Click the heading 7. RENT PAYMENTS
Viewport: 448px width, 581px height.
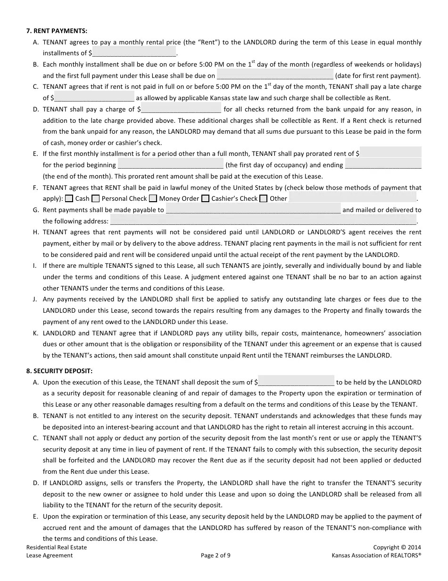pos(57,31)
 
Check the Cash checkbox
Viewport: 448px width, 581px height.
pos(69,198)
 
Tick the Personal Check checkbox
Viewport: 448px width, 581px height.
pos(96,198)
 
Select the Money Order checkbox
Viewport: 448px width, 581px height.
pos(153,198)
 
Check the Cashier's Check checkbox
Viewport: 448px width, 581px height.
pos(205,198)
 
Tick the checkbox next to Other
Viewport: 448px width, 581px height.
pos(264,198)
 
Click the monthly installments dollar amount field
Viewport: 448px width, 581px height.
pos(134,52)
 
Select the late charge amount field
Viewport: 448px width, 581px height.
pos(94,98)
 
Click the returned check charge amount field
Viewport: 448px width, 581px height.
pos(181,109)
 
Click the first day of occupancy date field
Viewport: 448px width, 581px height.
pos(170,165)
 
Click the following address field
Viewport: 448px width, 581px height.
pos(263,221)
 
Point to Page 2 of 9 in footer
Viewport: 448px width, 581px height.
pos(216,555)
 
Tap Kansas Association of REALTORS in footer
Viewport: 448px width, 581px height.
pos(376,555)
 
